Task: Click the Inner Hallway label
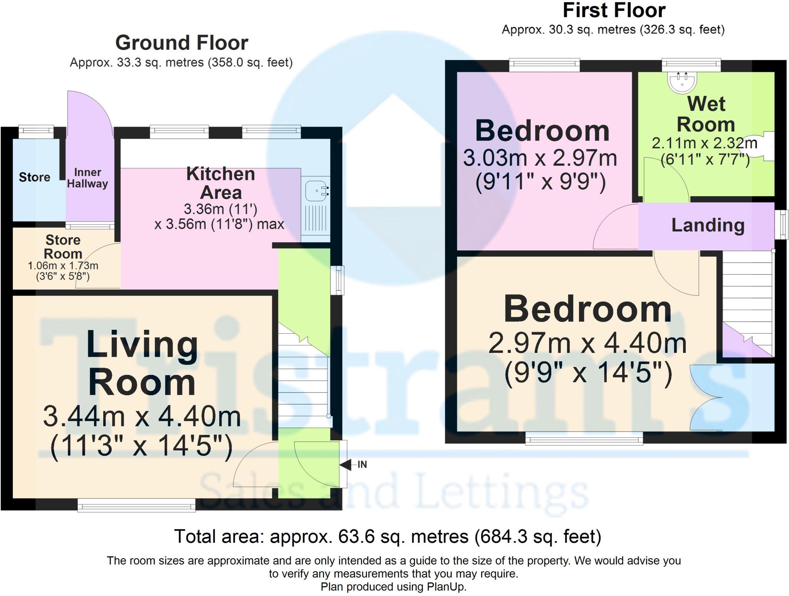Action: point(87,178)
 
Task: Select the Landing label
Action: point(708,225)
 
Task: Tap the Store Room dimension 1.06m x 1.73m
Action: point(63,266)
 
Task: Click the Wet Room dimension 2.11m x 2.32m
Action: point(704,143)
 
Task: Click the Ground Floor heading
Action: point(181,43)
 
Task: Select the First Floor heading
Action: point(614,11)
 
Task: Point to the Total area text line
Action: point(387,536)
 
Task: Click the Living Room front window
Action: point(136,505)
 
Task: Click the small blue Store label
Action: point(35,177)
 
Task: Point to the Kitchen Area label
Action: point(220,183)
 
